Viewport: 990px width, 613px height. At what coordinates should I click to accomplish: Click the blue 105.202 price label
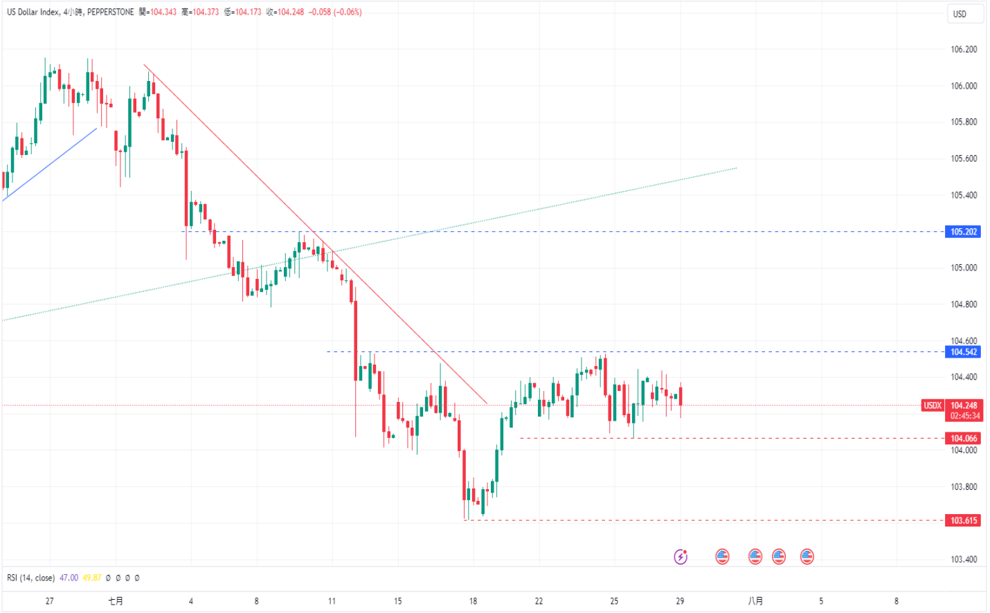tap(963, 232)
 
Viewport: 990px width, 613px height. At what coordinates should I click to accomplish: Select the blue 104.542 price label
tap(963, 352)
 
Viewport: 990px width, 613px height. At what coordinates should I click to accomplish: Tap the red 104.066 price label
tap(963, 439)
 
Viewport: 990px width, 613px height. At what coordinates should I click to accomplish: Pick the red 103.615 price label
tap(963, 520)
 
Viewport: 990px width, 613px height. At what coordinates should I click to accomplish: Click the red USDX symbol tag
tap(933, 405)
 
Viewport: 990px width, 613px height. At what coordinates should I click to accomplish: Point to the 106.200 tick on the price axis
tap(964, 49)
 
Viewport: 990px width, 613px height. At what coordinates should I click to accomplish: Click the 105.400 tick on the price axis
tap(964, 195)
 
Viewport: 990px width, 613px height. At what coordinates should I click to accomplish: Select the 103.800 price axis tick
tap(964, 486)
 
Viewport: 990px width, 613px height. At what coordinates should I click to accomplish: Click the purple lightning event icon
tap(681, 556)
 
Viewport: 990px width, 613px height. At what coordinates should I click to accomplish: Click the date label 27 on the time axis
tap(49, 601)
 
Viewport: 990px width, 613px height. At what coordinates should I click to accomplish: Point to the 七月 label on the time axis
tap(116, 601)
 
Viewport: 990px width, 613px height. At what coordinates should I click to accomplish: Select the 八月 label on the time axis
tap(755, 601)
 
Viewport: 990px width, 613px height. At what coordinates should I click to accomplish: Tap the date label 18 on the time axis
tap(473, 601)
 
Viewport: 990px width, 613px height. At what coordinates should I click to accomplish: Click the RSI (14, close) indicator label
tap(30, 578)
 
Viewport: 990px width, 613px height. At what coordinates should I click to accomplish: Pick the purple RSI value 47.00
tap(69, 578)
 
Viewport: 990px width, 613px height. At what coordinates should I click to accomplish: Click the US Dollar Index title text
tap(33, 12)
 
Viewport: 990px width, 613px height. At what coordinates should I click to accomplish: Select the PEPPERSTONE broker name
tap(110, 12)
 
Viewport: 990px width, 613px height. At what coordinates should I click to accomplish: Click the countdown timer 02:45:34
tap(965, 416)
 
